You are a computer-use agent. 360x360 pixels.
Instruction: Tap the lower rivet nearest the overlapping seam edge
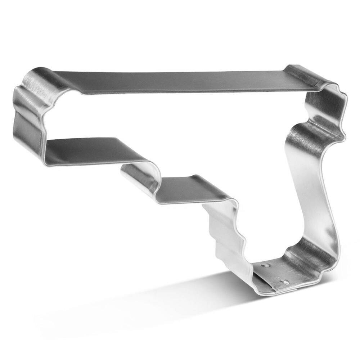tap(285, 282)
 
